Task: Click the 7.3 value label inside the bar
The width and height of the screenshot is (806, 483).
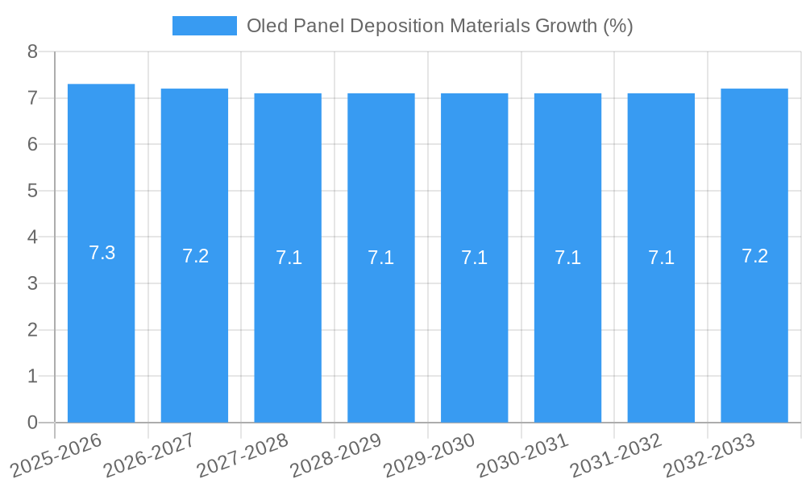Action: coord(102,253)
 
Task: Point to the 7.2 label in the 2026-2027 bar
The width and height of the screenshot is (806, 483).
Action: coord(195,256)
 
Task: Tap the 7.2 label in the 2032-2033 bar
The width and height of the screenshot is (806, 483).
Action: coord(754,256)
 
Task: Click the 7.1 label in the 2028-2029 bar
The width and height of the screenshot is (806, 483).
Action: coord(381,258)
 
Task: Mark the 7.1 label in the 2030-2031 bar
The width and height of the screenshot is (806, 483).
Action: coord(567,258)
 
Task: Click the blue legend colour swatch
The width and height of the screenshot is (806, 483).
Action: coord(205,26)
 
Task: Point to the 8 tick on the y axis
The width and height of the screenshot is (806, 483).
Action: coord(32,52)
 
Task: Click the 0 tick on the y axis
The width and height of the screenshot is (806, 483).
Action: coord(32,423)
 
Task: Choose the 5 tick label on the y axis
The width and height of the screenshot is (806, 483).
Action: coord(32,191)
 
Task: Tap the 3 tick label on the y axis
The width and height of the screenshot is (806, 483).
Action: coord(32,283)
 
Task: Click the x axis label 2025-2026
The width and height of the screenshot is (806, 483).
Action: coord(56,453)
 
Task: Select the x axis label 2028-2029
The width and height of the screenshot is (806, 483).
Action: coord(335,453)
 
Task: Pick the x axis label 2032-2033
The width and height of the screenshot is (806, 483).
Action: coord(708,453)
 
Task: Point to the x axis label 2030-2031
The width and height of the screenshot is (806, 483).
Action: coord(522,453)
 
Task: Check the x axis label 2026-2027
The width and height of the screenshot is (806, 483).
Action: coord(149,453)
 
